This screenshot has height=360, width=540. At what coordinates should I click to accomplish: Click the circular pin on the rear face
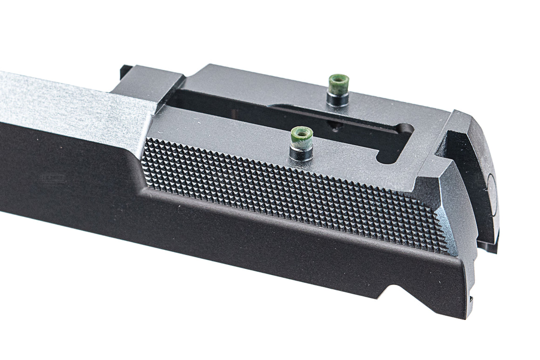tap(492, 186)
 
